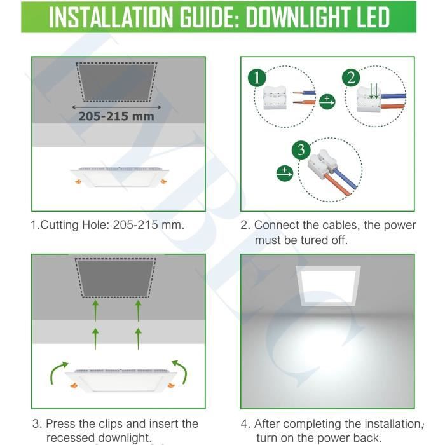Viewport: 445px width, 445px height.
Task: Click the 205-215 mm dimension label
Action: tap(116, 116)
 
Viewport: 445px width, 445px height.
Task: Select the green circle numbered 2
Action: tap(350, 78)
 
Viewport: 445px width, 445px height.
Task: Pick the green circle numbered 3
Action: tap(301, 150)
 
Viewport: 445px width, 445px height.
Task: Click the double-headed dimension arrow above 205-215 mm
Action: tap(116, 106)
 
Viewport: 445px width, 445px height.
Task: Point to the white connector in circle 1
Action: tap(277, 99)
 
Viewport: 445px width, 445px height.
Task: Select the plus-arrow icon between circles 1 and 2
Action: tap(327, 101)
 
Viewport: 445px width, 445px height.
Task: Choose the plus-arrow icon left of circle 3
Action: tap(284, 172)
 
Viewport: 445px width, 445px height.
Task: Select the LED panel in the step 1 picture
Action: tap(119, 177)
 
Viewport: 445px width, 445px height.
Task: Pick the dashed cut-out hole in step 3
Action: tap(116, 277)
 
